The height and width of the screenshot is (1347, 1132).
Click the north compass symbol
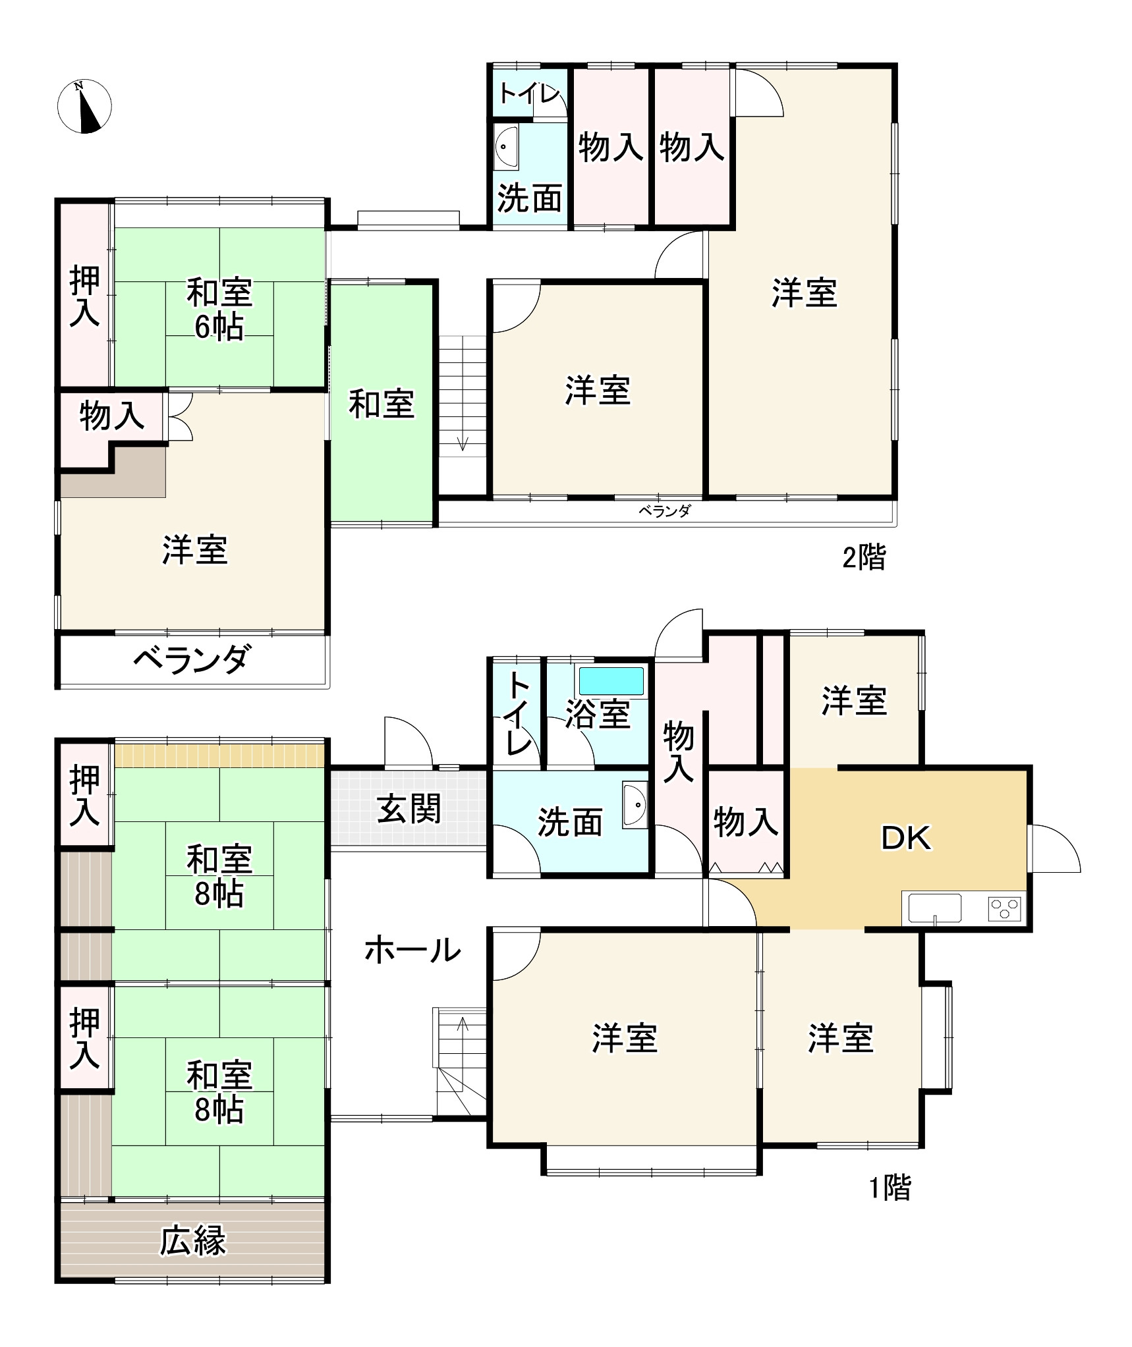84,106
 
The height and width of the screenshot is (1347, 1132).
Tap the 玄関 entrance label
409,808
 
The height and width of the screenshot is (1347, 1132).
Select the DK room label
906,838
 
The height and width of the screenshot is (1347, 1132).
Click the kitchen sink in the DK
934,908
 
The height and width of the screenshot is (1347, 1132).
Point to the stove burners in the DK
1004,909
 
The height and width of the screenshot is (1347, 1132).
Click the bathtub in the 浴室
611,681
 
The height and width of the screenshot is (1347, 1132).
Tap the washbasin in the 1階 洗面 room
635,804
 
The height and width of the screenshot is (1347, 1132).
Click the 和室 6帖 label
219,310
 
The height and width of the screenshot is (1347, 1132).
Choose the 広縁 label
192,1240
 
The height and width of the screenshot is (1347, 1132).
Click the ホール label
412,950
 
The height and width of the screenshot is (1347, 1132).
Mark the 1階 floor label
890,1188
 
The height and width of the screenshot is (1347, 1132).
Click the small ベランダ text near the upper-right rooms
664,511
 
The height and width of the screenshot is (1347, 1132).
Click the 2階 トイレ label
528,94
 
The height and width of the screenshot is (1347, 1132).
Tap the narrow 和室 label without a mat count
382,404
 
